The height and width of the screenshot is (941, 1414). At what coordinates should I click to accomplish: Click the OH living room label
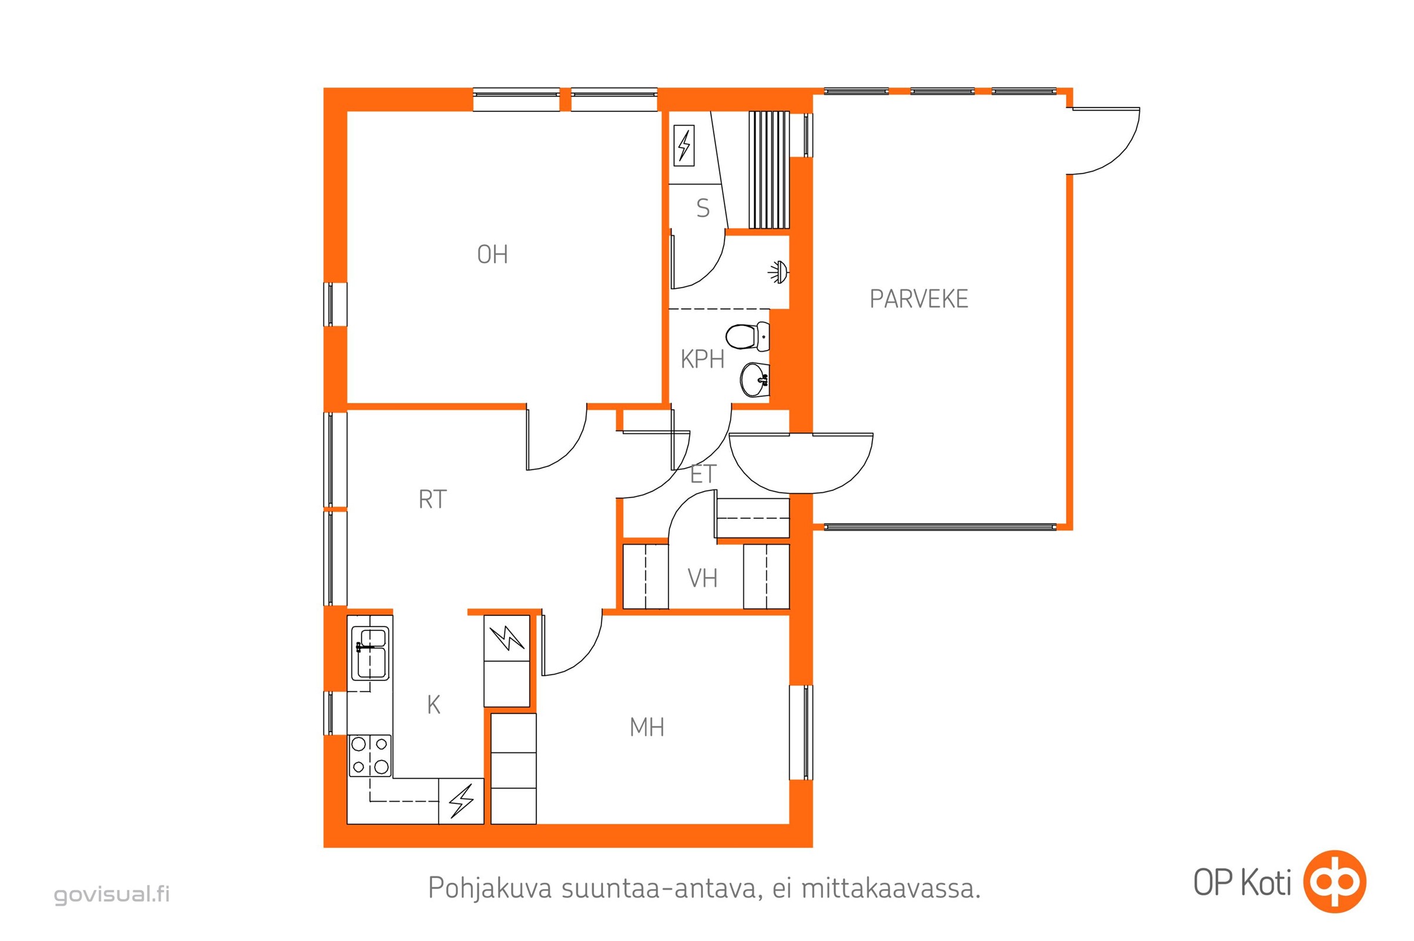492,255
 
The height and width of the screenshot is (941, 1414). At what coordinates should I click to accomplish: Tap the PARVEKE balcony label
918,299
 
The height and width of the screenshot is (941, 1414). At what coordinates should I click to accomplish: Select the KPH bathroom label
702,359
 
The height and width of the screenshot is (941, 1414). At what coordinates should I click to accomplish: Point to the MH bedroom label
647,728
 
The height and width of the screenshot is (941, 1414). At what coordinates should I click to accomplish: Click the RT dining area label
432,499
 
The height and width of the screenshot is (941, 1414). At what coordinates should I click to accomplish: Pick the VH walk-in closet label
702,578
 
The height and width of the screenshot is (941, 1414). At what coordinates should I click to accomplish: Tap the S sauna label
703,208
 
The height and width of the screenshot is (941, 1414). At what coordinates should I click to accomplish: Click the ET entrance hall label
703,474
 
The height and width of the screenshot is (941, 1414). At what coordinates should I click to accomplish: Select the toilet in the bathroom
747,336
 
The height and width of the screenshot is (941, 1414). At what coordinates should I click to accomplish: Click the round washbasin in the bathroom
754,380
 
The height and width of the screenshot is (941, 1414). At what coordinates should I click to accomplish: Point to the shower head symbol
778,272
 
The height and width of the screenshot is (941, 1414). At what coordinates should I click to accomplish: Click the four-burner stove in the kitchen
370,756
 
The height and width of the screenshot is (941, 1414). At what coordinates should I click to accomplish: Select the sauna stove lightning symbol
684,145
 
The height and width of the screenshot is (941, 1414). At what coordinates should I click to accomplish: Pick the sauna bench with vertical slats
768,170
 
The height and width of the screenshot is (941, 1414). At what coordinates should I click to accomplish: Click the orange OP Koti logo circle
1334,882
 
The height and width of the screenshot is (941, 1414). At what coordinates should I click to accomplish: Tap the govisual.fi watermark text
112,895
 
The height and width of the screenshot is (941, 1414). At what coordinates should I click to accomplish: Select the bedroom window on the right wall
801,733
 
